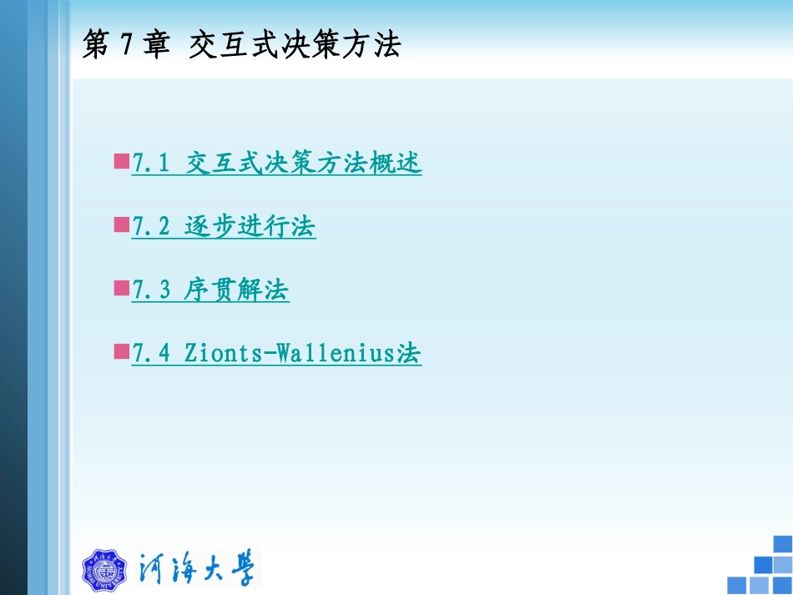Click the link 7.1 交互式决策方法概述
(277, 164)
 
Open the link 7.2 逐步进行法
(224, 227)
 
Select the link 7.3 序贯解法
(210, 290)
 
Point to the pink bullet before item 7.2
(121, 224)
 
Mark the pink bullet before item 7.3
(121, 288)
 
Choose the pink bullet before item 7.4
(121, 351)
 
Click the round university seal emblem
(104, 570)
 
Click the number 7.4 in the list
(151, 354)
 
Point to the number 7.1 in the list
(151, 164)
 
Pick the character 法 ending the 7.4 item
(409, 354)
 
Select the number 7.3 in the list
(151, 290)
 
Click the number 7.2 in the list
(151, 227)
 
